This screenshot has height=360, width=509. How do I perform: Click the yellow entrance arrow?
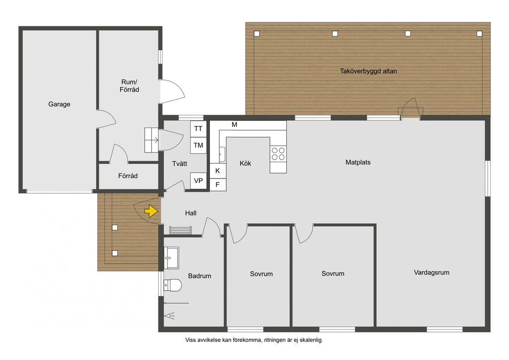pyautogui.click(x=151, y=211)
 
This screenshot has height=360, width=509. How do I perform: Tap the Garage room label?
pyautogui.click(x=59, y=104)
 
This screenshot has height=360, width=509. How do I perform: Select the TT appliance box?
pyautogui.click(x=198, y=129)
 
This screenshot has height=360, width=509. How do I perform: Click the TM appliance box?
pyautogui.click(x=198, y=145)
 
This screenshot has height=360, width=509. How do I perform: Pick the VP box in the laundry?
pyautogui.click(x=198, y=181)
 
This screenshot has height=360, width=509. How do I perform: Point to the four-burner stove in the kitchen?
pyautogui.click(x=278, y=154)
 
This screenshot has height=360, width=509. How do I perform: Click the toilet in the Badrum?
pyautogui.click(x=172, y=285)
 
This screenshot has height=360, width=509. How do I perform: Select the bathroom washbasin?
pyautogui.click(x=171, y=258)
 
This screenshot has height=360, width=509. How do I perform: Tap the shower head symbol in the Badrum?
pyautogui.click(x=170, y=316)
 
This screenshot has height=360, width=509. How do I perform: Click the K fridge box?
pyautogui.click(x=218, y=171)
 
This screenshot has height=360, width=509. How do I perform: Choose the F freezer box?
pyautogui.click(x=218, y=184)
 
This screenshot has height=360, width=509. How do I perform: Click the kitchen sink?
pyautogui.click(x=222, y=154)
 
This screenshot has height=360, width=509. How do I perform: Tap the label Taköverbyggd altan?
pyautogui.click(x=368, y=71)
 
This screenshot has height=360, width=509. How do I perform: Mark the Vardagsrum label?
pyautogui.click(x=431, y=272)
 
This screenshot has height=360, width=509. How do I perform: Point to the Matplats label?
pyautogui.click(x=358, y=162)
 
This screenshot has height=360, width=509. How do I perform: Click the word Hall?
pyautogui.click(x=190, y=213)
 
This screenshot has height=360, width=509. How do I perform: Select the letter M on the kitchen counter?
pyautogui.click(x=235, y=125)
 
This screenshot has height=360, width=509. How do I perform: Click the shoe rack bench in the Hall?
pyautogui.click(x=180, y=230)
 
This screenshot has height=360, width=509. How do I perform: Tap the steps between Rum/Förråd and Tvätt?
pyautogui.click(x=151, y=140)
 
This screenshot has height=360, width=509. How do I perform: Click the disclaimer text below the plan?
pyautogui.click(x=254, y=340)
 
